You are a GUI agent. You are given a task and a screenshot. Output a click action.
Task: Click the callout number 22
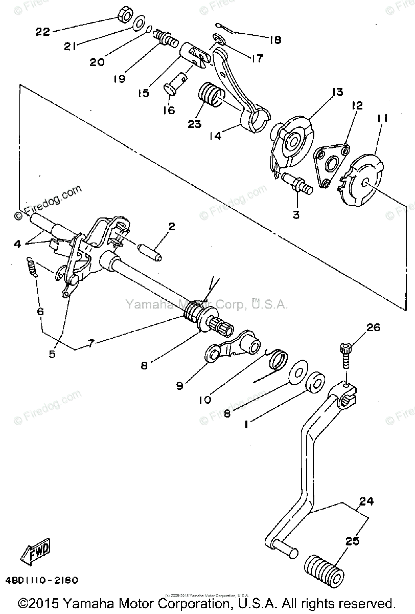(x=42, y=32)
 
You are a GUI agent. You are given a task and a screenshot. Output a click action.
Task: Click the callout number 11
(x=382, y=119)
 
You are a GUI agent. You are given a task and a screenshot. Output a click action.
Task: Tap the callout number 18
(x=275, y=39)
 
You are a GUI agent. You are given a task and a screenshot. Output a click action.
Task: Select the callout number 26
(x=374, y=327)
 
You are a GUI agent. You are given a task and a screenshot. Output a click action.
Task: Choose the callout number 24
(x=365, y=502)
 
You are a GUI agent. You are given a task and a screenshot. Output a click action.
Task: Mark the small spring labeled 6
(x=32, y=267)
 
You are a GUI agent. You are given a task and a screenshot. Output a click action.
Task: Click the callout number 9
(x=179, y=386)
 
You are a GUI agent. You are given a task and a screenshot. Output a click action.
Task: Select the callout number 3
(x=295, y=215)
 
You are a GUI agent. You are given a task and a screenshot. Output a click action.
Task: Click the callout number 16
(x=168, y=109)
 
